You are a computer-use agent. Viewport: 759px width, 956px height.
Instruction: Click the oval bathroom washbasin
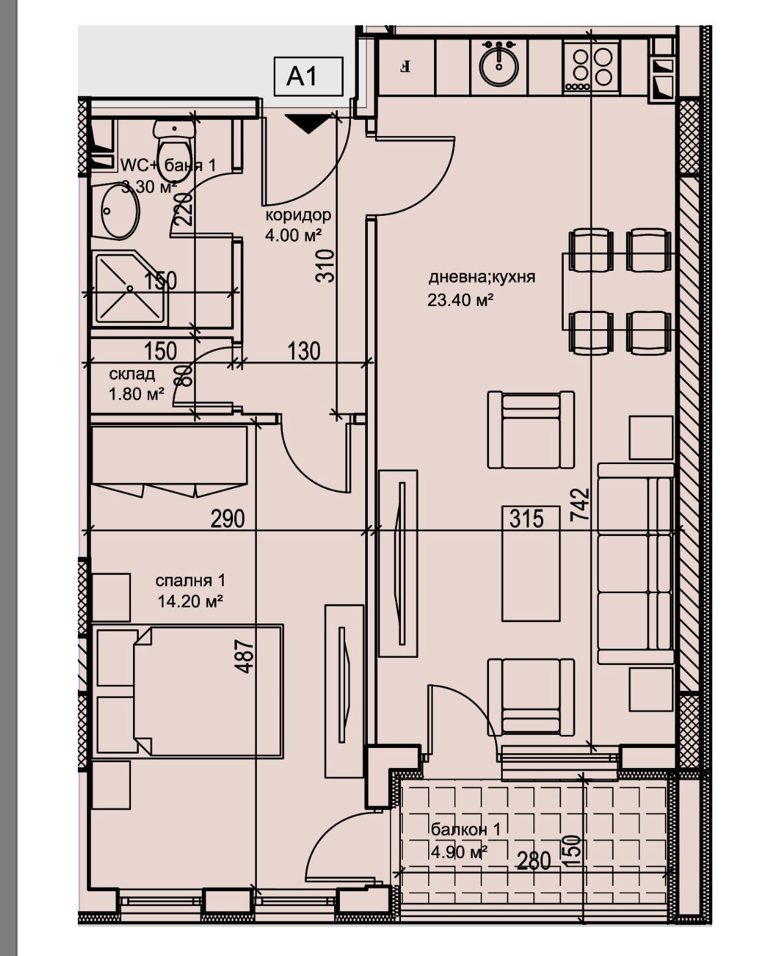coord(119,211)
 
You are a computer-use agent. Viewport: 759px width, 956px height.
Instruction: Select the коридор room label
coord(298,215)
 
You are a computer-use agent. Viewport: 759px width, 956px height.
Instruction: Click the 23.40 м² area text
coord(461,299)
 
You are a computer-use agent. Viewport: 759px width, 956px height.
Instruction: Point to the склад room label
coord(132,374)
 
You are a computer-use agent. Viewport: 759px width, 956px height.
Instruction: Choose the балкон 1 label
coord(465,829)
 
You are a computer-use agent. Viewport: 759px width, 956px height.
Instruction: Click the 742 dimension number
coord(581,505)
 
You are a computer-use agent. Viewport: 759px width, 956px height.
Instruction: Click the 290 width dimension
coord(228,519)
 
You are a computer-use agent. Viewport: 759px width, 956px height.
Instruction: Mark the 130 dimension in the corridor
coord(304,351)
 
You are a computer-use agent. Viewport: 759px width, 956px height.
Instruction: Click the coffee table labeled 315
coord(531,564)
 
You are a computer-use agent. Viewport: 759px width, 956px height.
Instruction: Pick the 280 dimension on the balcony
coord(534,861)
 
